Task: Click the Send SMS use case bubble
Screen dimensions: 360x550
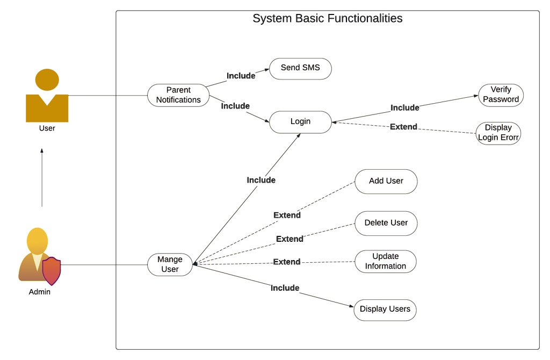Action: click(300, 69)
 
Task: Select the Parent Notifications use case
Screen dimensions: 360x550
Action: click(178, 95)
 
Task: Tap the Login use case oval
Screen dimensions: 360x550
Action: click(300, 122)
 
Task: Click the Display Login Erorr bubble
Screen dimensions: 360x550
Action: click(498, 133)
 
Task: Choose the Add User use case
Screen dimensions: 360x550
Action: click(386, 182)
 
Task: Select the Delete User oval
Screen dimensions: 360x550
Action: click(386, 223)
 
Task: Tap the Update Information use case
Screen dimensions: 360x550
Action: click(385, 261)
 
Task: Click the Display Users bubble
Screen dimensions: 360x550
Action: click(385, 309)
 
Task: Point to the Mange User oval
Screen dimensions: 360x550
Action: click(170, 264)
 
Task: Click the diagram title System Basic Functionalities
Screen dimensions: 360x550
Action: click(327, 19)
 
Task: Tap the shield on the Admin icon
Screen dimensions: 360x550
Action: click(52, 271)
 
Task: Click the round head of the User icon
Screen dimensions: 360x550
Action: click(47, 80)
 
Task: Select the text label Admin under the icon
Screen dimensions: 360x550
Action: click(40, 292)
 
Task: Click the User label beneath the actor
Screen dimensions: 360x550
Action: click(47, 128)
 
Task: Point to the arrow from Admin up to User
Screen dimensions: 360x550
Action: click(42, 177)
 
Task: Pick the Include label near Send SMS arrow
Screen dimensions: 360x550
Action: click(241, 76)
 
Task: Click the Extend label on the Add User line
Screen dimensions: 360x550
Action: click(287, 215)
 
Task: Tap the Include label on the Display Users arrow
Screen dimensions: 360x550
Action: click(285, 288)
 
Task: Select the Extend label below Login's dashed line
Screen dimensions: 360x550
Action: click(403, 127)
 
